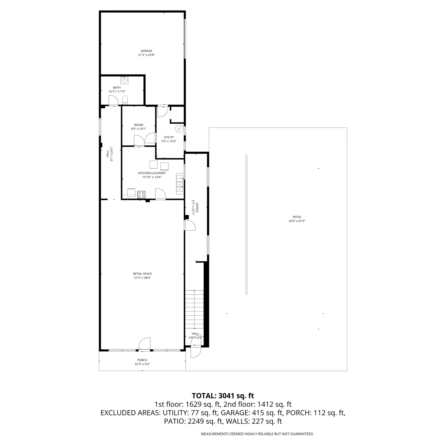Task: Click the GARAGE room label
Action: point(146,51)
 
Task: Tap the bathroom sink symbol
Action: point(124,80)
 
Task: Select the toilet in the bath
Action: point(125,100)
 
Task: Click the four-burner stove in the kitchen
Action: point(141,195)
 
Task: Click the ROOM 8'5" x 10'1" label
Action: point(139,127)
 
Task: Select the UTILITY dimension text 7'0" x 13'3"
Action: point(169,141)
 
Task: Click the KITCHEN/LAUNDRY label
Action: point(152,173)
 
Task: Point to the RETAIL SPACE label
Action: point(142,274)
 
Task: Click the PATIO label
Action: point(297,217)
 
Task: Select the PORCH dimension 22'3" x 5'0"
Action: point(142,364)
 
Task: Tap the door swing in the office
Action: point(190,225)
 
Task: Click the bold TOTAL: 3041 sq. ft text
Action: point(223,396)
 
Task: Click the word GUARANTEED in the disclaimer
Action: point(302,434)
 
